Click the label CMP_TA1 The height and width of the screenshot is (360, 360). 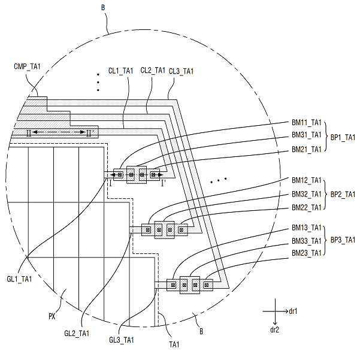[27, 66]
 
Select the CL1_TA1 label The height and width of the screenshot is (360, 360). [121, 71]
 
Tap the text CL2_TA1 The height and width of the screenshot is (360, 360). [153, 70]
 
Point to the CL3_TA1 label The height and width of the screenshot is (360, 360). [181, 71]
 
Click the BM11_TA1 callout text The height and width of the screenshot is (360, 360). [307, 122]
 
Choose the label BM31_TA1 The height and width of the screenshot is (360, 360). [307, 135]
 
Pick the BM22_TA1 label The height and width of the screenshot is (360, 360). [307, 207]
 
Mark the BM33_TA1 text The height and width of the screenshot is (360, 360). [307, 241]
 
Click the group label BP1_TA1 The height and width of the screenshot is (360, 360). [343, 137]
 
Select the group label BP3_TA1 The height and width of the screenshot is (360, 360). [343, 240]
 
